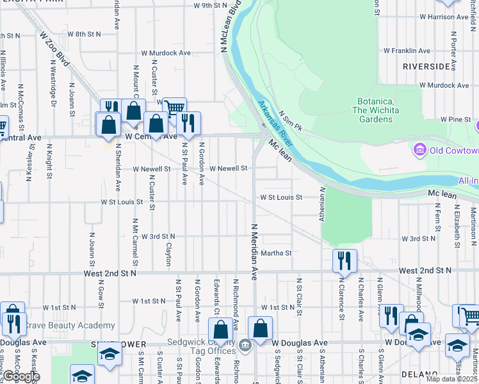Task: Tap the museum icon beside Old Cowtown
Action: point(420,150)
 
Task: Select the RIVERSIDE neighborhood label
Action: point(426,66)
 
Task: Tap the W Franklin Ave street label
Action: point(407,51)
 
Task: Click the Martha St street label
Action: point(276,253)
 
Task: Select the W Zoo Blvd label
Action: point(54,49)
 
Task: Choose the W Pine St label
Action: point(455,120)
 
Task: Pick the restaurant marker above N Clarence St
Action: point(345,260)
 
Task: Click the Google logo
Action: point(20,376)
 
